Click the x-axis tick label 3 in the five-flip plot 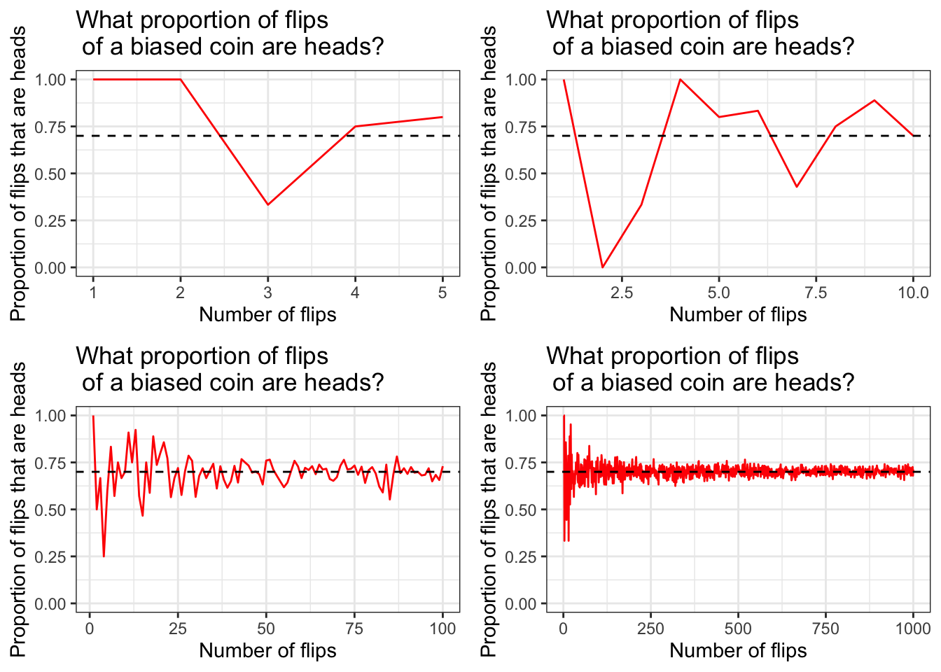[267, 293]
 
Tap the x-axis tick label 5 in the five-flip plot [442, 293]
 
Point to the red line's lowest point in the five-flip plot [267, 204]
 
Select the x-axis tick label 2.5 [622, 293]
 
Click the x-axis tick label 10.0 [913, 293]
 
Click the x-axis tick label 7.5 [816, 293]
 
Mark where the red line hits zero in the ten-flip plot [602, 267]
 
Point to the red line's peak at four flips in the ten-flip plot [680, 79]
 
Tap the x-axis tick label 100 [442, 629]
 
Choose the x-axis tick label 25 [178, 629]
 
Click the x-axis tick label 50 [266, 629]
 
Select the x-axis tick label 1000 [913, 629]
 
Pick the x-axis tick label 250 [650, 629]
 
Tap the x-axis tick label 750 [825, 629]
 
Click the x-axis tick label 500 [738, 629]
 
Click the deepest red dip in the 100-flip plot [104, 556]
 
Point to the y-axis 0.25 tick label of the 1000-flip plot [521, 557]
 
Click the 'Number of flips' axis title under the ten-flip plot [738, 315]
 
